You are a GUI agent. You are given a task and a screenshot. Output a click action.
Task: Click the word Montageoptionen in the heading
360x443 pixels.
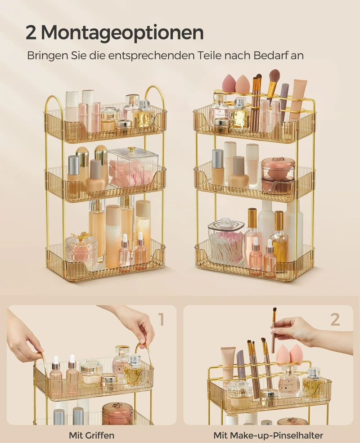point(122,33)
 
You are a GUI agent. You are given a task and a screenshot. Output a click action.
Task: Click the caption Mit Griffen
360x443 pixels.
point(91,435)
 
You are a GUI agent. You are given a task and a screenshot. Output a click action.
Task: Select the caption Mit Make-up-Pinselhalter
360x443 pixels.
point(268,435)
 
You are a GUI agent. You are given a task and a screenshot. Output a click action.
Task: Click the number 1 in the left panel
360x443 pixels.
point(161,319)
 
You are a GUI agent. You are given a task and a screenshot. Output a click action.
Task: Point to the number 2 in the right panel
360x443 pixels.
point(335,319)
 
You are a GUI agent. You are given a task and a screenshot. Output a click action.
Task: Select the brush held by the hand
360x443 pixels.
point(274,331)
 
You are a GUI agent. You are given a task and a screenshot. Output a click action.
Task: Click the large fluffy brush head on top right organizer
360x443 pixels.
point(274,76)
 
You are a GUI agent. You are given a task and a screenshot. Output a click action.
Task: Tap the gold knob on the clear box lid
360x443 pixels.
point(130,149)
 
